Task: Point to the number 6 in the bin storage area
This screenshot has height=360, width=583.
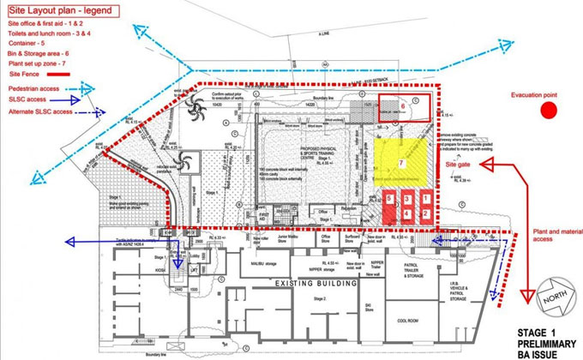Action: (401, 106)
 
